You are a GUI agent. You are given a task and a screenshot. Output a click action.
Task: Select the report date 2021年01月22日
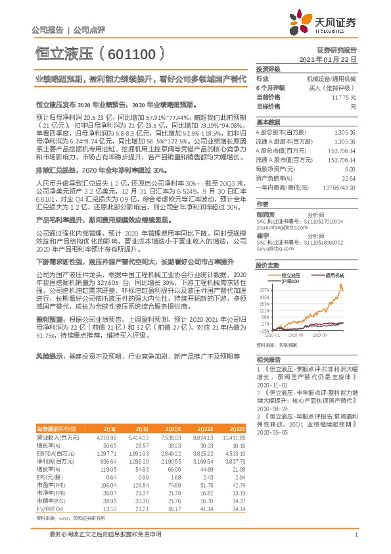[328, 59]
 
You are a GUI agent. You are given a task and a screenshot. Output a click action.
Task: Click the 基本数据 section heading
[268, 122]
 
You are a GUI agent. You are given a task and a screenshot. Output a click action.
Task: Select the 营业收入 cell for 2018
[106, 437]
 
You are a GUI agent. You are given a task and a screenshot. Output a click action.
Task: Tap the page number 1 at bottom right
[356, 534]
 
